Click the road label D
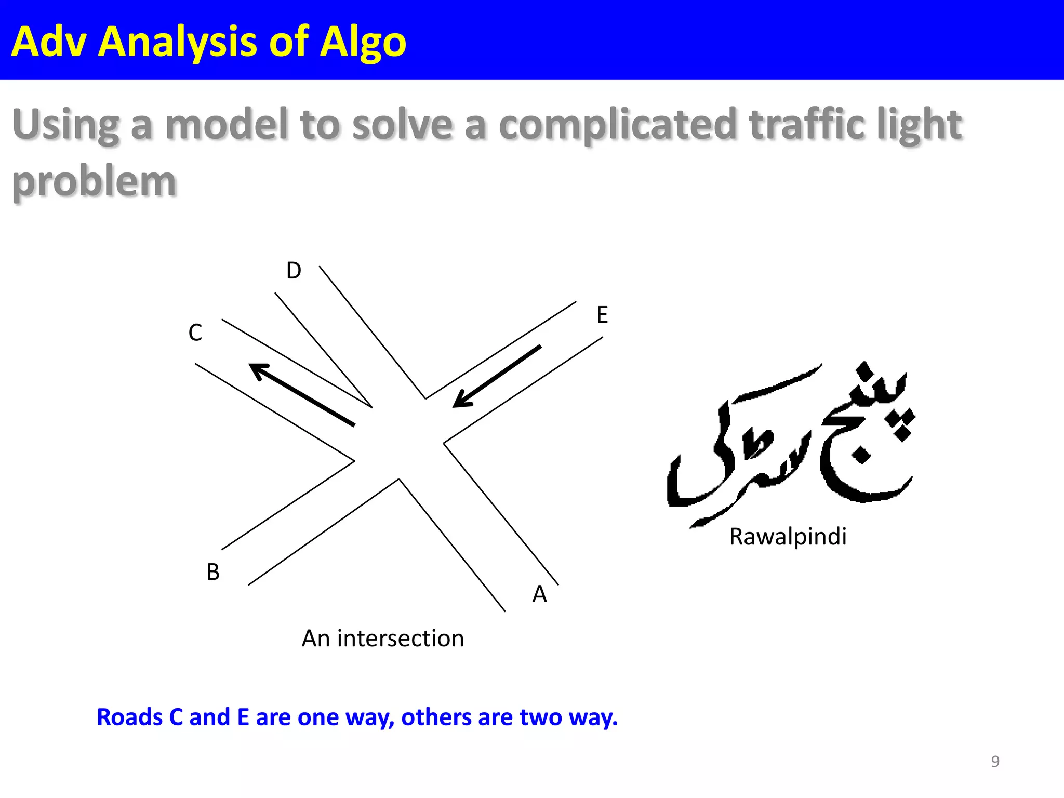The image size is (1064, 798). tap(294, 271)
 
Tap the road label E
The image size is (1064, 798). tap(602, 315)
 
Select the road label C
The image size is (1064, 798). tap(195, 332)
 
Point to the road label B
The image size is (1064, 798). tap(213, 572)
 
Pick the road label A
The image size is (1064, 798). tap(539, 594)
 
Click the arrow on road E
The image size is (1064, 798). tap(497, 376)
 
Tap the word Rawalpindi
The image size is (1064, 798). tap(788, 537)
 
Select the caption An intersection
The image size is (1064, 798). tap(383, 638)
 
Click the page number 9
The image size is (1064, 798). tap(995, 761)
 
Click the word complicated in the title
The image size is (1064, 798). tap(618, 125)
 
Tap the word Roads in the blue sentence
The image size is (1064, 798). tap(129, 717)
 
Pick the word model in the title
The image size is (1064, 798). tap(227, 125)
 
